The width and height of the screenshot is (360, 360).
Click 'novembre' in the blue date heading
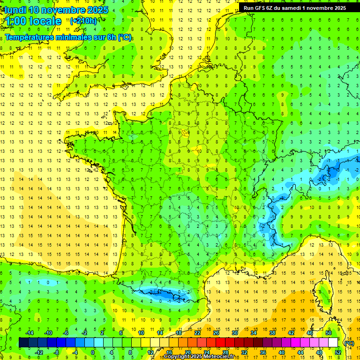[x=61, y=10]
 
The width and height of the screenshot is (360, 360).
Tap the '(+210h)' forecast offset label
[x=83, y=21]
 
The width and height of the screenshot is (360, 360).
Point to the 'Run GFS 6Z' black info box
[x=294, y=7]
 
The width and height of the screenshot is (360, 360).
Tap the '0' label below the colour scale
[x=93, y=352]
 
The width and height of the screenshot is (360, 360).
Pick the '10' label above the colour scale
[x=141, y=333]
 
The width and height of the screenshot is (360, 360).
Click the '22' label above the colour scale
[x=197, y=333]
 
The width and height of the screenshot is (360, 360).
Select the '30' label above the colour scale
[x=235, y=333]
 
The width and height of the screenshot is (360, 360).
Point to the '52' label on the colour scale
[x=338, y=352]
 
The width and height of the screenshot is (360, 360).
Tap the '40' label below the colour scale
[x=282, y=352]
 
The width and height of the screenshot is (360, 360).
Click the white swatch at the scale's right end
[x=333, y=343]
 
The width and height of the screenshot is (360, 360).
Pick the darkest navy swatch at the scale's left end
[x=23, y=343]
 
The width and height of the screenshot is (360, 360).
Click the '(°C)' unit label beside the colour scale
[x=349, y=343]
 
